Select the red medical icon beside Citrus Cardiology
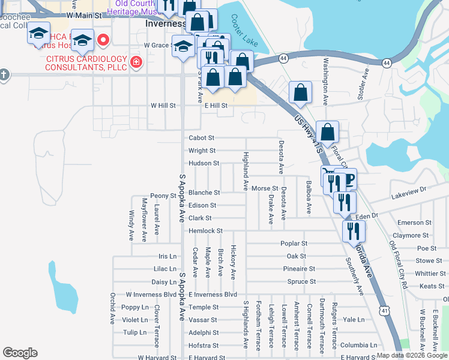point(137,62)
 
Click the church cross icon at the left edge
point(4,74)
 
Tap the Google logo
point(20,353)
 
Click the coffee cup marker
point(348,178)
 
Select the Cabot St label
point(202,137)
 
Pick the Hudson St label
point(203,163)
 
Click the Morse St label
point(265,188)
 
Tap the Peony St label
point(163,196)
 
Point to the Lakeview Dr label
point(408,192)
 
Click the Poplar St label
point(294,244)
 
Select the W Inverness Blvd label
point(151,295)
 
